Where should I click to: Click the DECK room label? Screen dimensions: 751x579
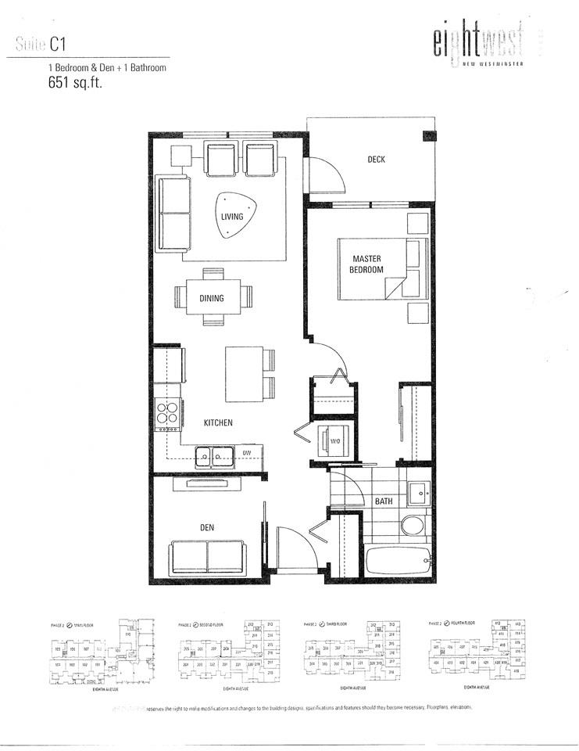tap(377, 160)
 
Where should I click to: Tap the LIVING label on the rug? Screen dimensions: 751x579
tap(231, 217)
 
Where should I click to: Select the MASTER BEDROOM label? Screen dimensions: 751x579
tap(366, 264)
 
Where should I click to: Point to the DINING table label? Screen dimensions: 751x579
tap(211, 298)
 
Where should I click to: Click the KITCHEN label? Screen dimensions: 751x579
tap(219, 422)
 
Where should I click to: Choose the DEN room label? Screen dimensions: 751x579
tap(207, 528)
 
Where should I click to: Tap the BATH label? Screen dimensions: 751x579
tap(384, 501)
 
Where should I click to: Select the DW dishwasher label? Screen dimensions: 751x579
tap(246, 453)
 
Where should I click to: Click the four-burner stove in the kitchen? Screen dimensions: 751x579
tap(168, 415)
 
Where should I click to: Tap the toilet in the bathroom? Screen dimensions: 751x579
tap(413, 525)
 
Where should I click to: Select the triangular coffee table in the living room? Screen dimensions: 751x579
tap(233, 214)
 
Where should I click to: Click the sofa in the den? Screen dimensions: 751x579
tap(207, 556)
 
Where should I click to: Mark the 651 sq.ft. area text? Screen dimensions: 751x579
tap(75, 84)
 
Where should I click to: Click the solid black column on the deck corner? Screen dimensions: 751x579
tap(428, 135)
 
